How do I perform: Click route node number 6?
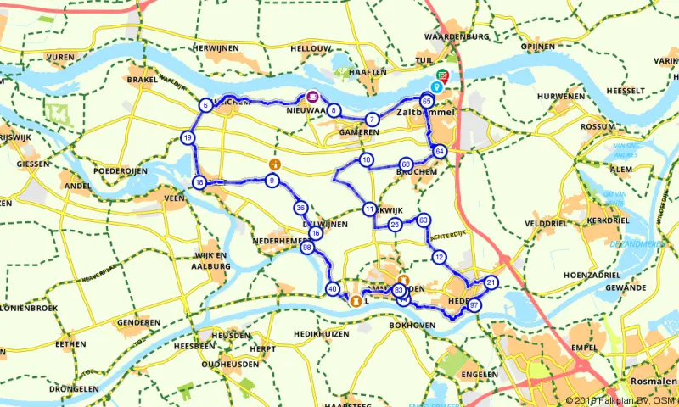205,106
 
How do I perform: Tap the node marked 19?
188,138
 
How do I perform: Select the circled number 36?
300,208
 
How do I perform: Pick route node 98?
307,248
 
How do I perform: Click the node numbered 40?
332,288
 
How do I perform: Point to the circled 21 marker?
491,282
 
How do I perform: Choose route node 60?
424,220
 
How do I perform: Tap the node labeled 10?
366,159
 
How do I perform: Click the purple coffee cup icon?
312,96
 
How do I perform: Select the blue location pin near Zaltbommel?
437,86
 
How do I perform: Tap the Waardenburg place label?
457,37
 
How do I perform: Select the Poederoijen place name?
121,170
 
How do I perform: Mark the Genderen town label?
139,323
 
